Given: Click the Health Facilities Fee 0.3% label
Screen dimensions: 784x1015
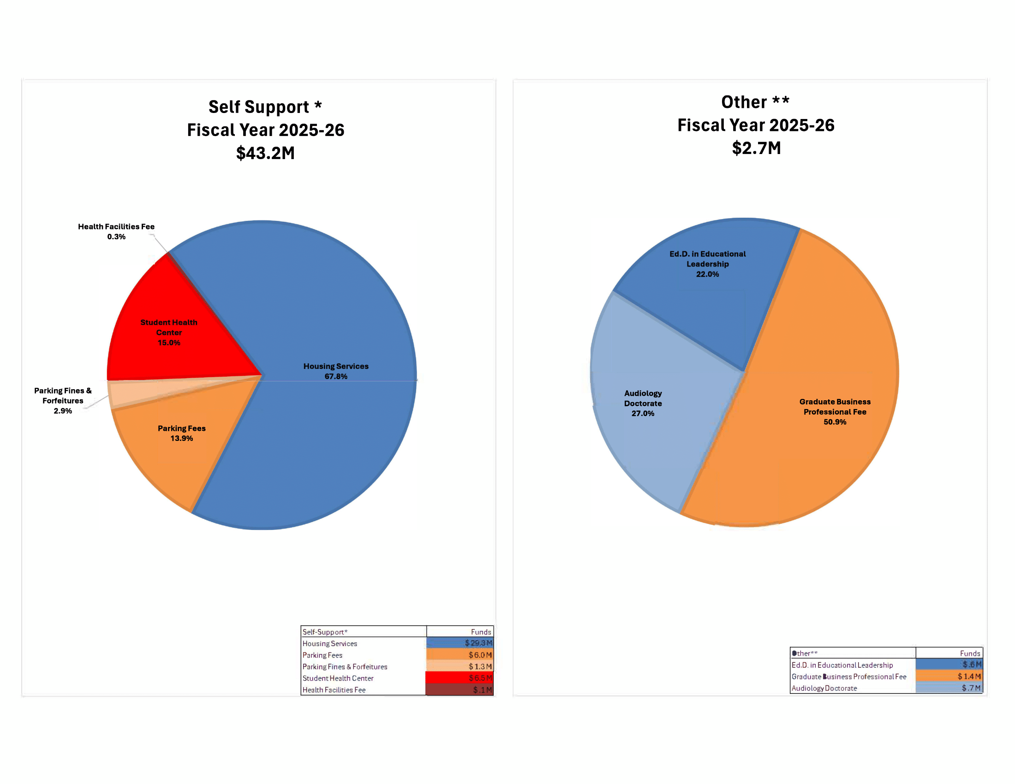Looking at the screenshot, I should pyautogui.click(x=116, y=232).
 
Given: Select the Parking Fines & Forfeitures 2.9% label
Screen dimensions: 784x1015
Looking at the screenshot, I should pyautogui.click(x=63, y=400).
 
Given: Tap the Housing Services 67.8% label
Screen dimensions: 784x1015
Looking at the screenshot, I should pyautogui.click(x=335, y=371).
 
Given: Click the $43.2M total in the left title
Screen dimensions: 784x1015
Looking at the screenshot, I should pyautogui.click(x=265, y=153).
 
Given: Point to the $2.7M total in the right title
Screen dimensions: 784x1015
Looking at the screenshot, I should pyautogui.click(x=756, y=148).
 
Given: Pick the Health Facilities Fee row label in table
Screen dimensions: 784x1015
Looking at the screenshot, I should pyautogui.click(x=334, y=690).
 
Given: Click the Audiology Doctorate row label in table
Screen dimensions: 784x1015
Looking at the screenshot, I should pyautogui.click(x=824, y=688).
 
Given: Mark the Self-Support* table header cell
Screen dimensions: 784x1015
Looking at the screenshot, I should pyautogui.click(x=325, y=632).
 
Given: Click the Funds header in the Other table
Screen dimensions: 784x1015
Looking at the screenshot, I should pyautogui.click(x=970, y=653).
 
